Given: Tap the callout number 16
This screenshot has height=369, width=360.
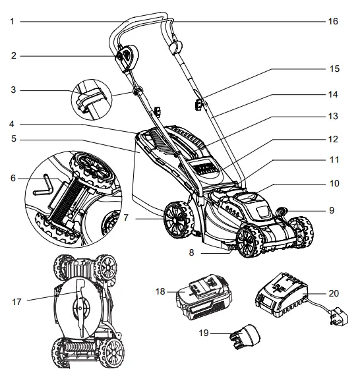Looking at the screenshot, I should coord(333,22).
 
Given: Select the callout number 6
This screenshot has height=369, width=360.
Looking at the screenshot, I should coord(11,178).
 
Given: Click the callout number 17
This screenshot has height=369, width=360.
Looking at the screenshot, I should coord(16,302).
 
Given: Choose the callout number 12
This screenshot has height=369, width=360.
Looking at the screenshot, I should coord(333,139).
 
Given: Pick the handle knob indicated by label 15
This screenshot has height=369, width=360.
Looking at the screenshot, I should coord(197,103).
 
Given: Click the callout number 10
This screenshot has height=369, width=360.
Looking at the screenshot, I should coord(333,183).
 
